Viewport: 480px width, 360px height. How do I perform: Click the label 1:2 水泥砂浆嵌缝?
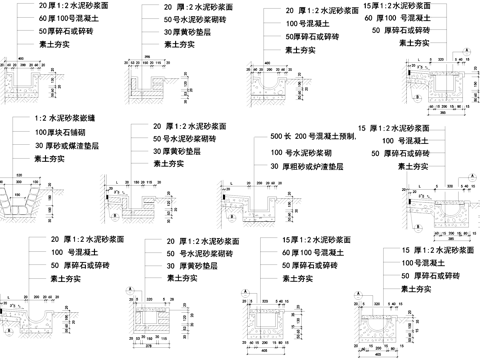(65, 120)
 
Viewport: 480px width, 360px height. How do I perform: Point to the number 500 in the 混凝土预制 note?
(279, 135)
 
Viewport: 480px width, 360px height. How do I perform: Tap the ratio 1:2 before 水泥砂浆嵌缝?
(41, 120)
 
